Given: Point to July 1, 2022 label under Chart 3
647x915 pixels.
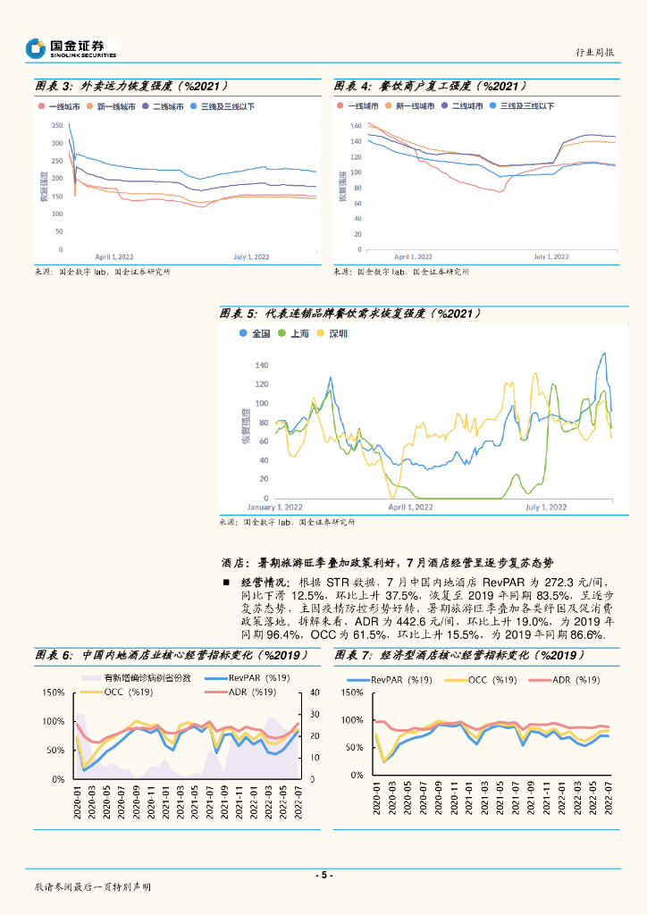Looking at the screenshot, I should [x=252, y=256].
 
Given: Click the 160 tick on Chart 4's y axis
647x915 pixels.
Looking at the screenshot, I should [x=356, y=125].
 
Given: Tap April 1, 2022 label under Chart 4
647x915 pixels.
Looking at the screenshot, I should [x=413, y=256].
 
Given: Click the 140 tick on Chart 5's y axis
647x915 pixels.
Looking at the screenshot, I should [x=261, y=365].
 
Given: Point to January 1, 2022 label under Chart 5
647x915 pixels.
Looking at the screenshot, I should [x=274, y=507].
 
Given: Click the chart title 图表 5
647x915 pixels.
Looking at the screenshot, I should [x=239, y=314].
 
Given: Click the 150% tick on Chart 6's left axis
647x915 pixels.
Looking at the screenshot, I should [x=53, y=693].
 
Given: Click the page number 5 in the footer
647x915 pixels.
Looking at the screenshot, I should [x=323, y=875].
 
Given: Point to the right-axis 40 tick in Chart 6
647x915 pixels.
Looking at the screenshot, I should [x=315, y=693].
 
